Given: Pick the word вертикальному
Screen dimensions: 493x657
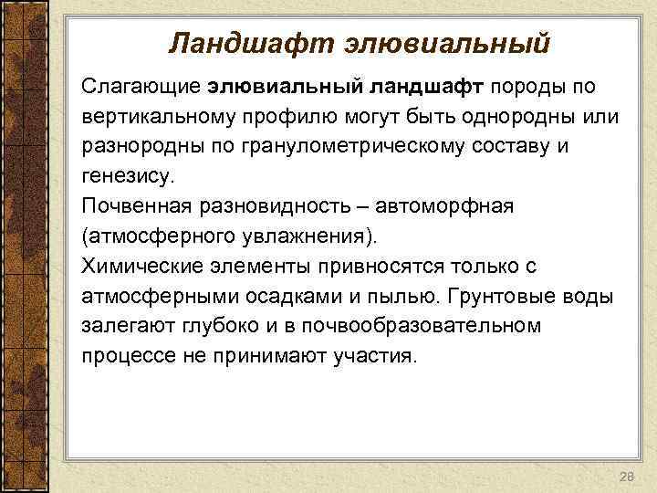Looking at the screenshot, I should point(164,117).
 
